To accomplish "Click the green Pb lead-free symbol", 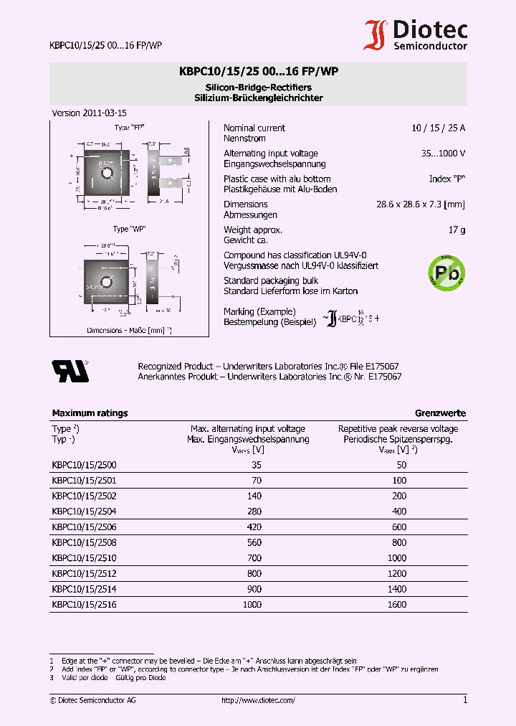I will tap(446, 272).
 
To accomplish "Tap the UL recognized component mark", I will tap(70, 370).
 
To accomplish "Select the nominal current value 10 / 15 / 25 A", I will tap(438, 128).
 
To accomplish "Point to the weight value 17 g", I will tap(457, 230).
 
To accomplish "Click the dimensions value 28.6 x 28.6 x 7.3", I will tap(420, 204).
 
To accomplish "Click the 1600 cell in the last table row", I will tap(396, 605).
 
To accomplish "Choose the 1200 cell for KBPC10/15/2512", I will tap(396, 573).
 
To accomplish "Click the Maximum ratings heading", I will tap(90, 413).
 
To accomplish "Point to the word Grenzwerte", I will tap(440, 413).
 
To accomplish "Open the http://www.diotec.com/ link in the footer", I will tap(258, 700).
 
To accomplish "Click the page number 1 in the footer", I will tap(465, 699).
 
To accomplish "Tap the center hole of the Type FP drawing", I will tap(107, 173).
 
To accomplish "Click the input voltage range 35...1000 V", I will tap(443, 154).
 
